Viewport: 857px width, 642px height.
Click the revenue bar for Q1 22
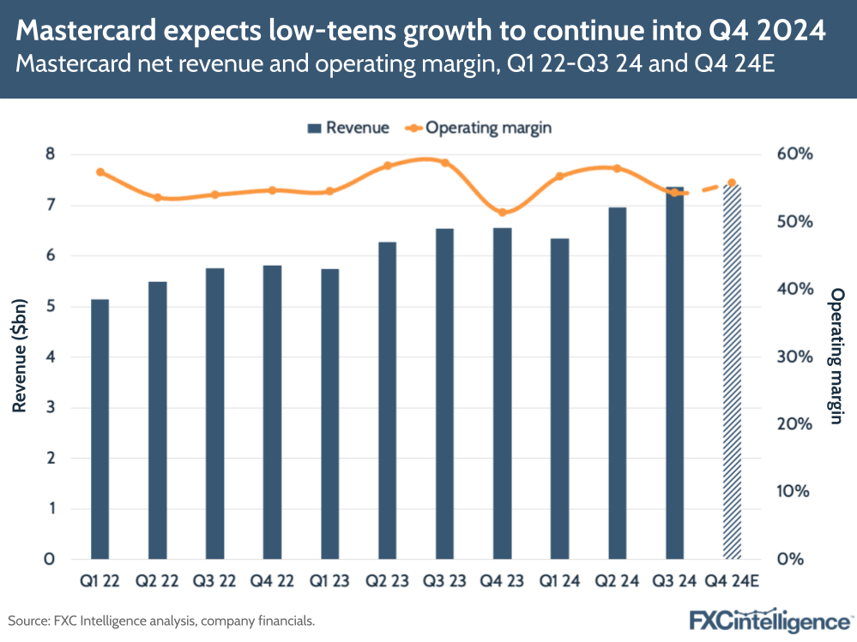pos(100,429)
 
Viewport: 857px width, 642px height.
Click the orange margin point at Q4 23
pos(503,213)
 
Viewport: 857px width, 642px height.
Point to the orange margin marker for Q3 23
pos(445,162)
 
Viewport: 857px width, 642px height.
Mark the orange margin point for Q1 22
pos(100,172)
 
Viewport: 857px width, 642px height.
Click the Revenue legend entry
pos(347,128)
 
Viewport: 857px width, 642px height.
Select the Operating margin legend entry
pos(480,128)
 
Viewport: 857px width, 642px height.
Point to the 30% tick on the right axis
pos(794,357)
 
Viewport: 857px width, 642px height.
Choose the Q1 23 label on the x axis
pos(330,581)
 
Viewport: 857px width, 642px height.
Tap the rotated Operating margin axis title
pos(836,357)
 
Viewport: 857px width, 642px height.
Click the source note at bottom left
pos(162,620)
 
